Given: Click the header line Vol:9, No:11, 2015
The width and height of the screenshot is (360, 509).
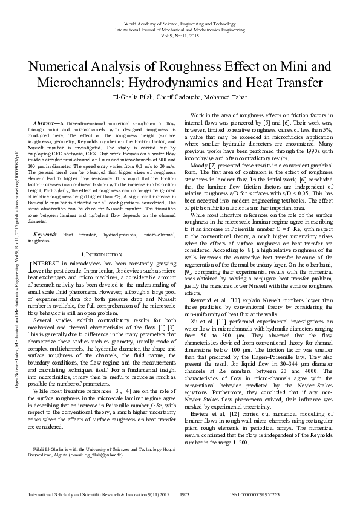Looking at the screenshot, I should coord(180,34).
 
